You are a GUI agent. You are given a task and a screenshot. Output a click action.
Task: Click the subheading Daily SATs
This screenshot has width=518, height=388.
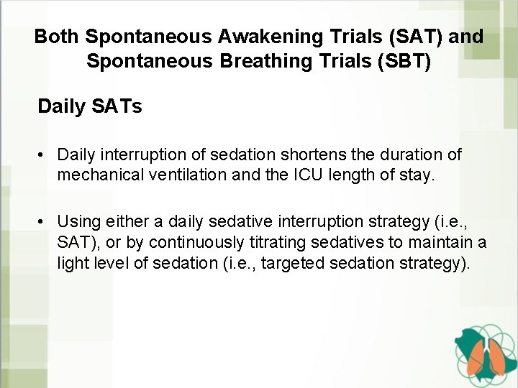90,108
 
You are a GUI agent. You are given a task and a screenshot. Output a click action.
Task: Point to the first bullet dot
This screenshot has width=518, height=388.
44,154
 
